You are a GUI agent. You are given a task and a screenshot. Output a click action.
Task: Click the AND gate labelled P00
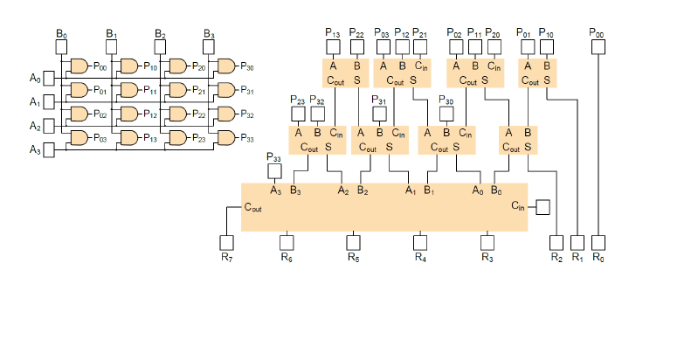click(x=79, y=66)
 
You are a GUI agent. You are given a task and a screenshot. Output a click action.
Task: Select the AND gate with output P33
click(x=225, y=138)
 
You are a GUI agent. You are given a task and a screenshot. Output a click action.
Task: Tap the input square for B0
click(x=61, y=46)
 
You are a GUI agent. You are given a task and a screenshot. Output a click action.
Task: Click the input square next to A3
click(x=49, y=150)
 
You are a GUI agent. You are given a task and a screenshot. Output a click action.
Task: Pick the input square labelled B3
click(x=209, y=46)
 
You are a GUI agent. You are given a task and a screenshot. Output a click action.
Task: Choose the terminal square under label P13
click(x=333, y=45)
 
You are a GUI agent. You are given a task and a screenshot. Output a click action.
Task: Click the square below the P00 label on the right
click(x=598, y=45)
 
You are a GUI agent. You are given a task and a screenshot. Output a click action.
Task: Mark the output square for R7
click(x=226, y=241)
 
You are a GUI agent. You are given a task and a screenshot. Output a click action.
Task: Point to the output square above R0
click(x=598, y=241)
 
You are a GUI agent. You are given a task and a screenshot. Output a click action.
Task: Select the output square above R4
click(x=420, y=241)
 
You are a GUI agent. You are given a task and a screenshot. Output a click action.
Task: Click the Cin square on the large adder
click(x=542, y=207)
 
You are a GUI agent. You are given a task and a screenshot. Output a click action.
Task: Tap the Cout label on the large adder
click(x=253, y=208)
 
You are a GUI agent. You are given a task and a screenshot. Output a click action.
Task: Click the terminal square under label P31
click(x=379, y=114)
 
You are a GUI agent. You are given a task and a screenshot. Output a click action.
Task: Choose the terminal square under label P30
click(x=446, y=114)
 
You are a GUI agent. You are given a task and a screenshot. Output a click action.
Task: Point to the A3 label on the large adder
click(x=275, y=190)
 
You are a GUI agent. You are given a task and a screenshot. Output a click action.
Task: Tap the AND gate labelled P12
click(x=128, y=114)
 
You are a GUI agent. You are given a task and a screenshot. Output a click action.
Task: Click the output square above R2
click(x=556, y=241)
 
